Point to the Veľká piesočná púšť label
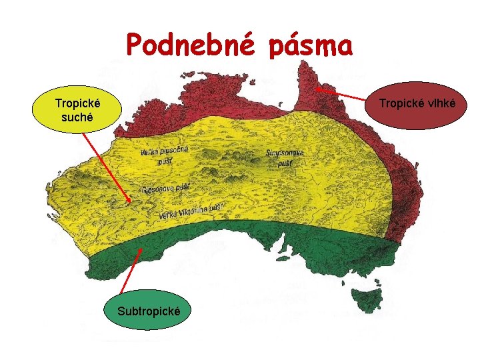click(x=164, y=155)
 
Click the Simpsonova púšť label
click(x=285, y=157)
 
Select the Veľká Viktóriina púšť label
click(x=191, y=211)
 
